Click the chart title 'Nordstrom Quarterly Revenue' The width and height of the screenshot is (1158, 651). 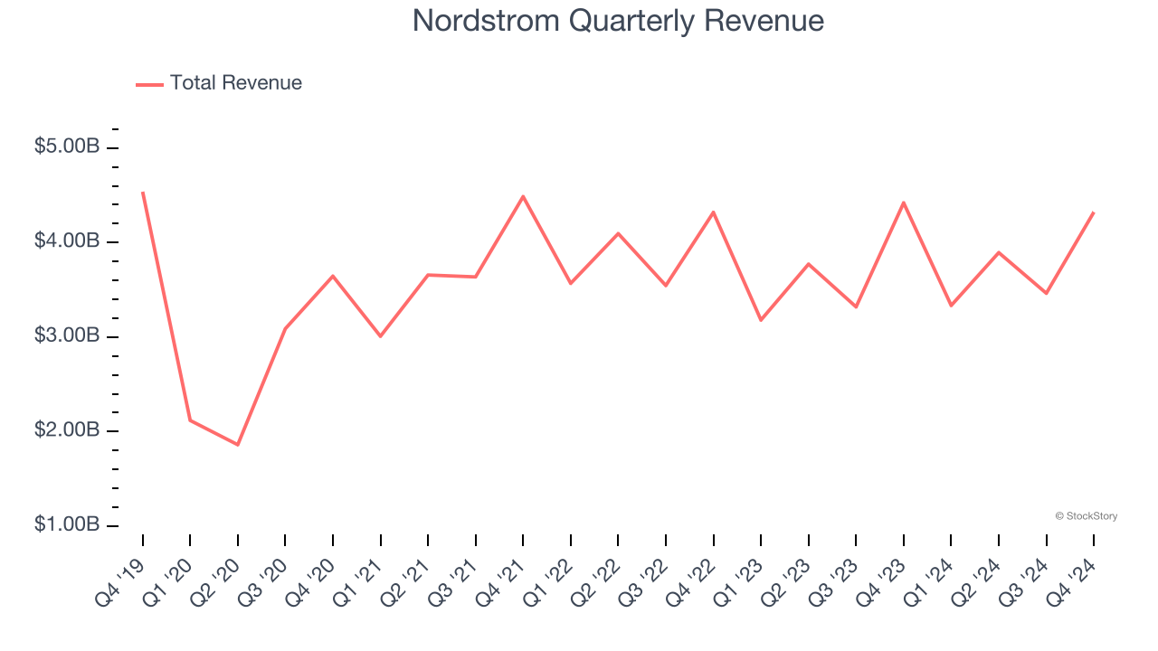click(x=618, y=21)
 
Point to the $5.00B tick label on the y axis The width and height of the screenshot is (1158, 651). click(x=67, y=146)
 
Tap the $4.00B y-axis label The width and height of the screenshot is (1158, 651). click(x=67, y=241)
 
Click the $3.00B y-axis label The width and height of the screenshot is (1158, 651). click(x=67, y=335)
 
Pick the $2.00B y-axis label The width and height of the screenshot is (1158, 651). click(x=67, y=430)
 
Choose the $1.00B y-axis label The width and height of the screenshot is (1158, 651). click(x=67, y=524)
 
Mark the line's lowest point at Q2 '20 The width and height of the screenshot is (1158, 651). click(x=238, y=445)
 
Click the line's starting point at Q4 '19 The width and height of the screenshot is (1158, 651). click(x=143, y=193)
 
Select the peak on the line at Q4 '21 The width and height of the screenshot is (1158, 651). click(x=523, y=196)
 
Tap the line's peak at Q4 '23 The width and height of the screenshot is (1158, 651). click(x=904, y=203)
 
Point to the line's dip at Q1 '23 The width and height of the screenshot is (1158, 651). click(x=761, y=320)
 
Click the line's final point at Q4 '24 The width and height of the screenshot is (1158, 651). click(x=1094, y=212)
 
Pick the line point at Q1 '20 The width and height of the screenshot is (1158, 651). click(x=190, y=420)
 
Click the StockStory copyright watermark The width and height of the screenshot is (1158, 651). click(x=1086, y=516)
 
